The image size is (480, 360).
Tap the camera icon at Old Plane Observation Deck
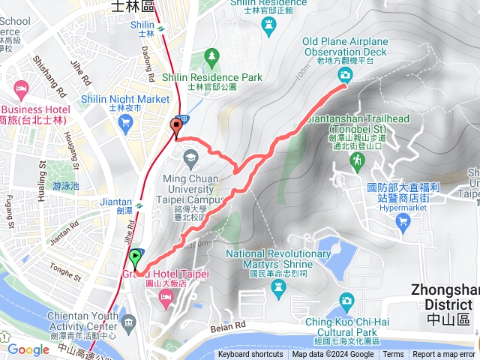tap(344, 74)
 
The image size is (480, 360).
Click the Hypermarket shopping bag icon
tap(403, 220)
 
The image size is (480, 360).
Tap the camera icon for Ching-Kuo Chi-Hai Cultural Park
tap(346, 301)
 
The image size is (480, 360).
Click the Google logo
tap(28, 349)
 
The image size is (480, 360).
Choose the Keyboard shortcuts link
tap(250, 355)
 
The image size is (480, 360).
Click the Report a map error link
tap(444, 355)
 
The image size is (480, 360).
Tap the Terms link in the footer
tap(393, 355)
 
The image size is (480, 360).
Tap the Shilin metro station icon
tap(162, 31)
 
